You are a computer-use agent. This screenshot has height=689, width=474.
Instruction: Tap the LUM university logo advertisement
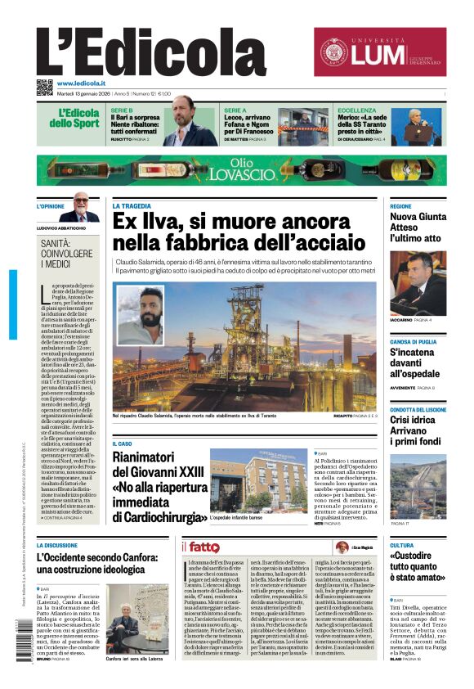tap(380, 52)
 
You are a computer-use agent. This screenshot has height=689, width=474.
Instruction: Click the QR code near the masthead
tap(44, 88)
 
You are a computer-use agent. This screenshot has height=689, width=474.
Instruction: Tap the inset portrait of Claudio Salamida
tap(140, 316)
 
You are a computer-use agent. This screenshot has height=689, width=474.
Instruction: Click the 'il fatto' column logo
tap(201, 547)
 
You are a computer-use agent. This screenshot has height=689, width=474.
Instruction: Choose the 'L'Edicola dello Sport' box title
tap(76, 119)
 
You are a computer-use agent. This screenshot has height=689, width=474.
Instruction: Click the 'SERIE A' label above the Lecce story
tap(235, 110)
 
